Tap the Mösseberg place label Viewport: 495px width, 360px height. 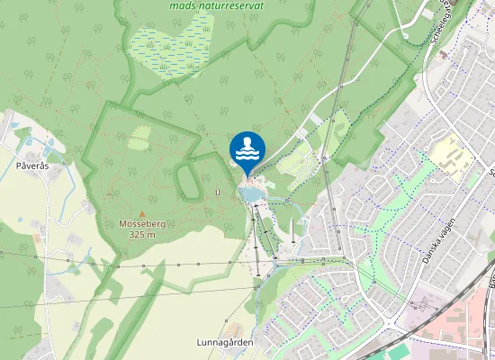(142, 223)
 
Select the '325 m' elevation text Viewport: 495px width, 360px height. (142, 234)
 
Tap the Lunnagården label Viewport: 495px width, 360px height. (224, 343)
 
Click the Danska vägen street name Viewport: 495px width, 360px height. (440, 240)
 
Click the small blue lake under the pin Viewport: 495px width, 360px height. (250, 193)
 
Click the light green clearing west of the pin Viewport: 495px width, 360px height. (139, 137)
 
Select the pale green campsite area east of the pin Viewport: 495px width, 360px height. (297, 166)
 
